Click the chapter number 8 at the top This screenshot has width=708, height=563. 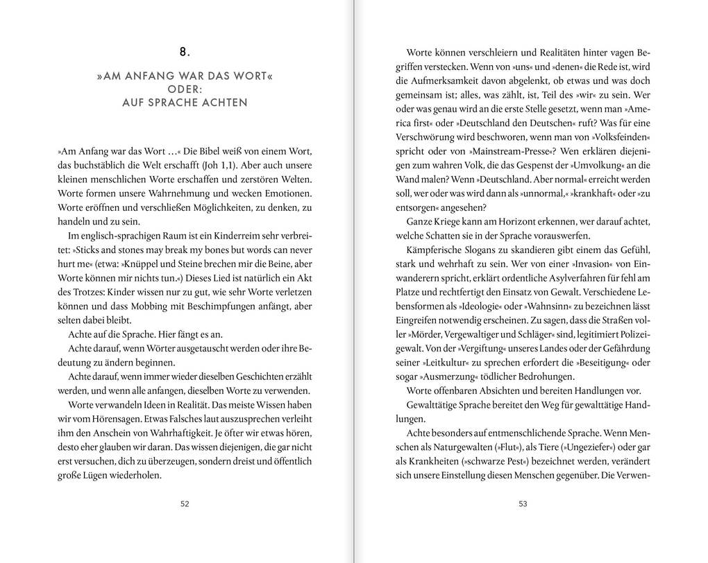[x=185, y=51]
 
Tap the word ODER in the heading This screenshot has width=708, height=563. [x=183, y=89]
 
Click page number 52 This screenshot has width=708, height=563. [x=185, y=504]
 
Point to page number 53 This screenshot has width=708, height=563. [x=523, y=504]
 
